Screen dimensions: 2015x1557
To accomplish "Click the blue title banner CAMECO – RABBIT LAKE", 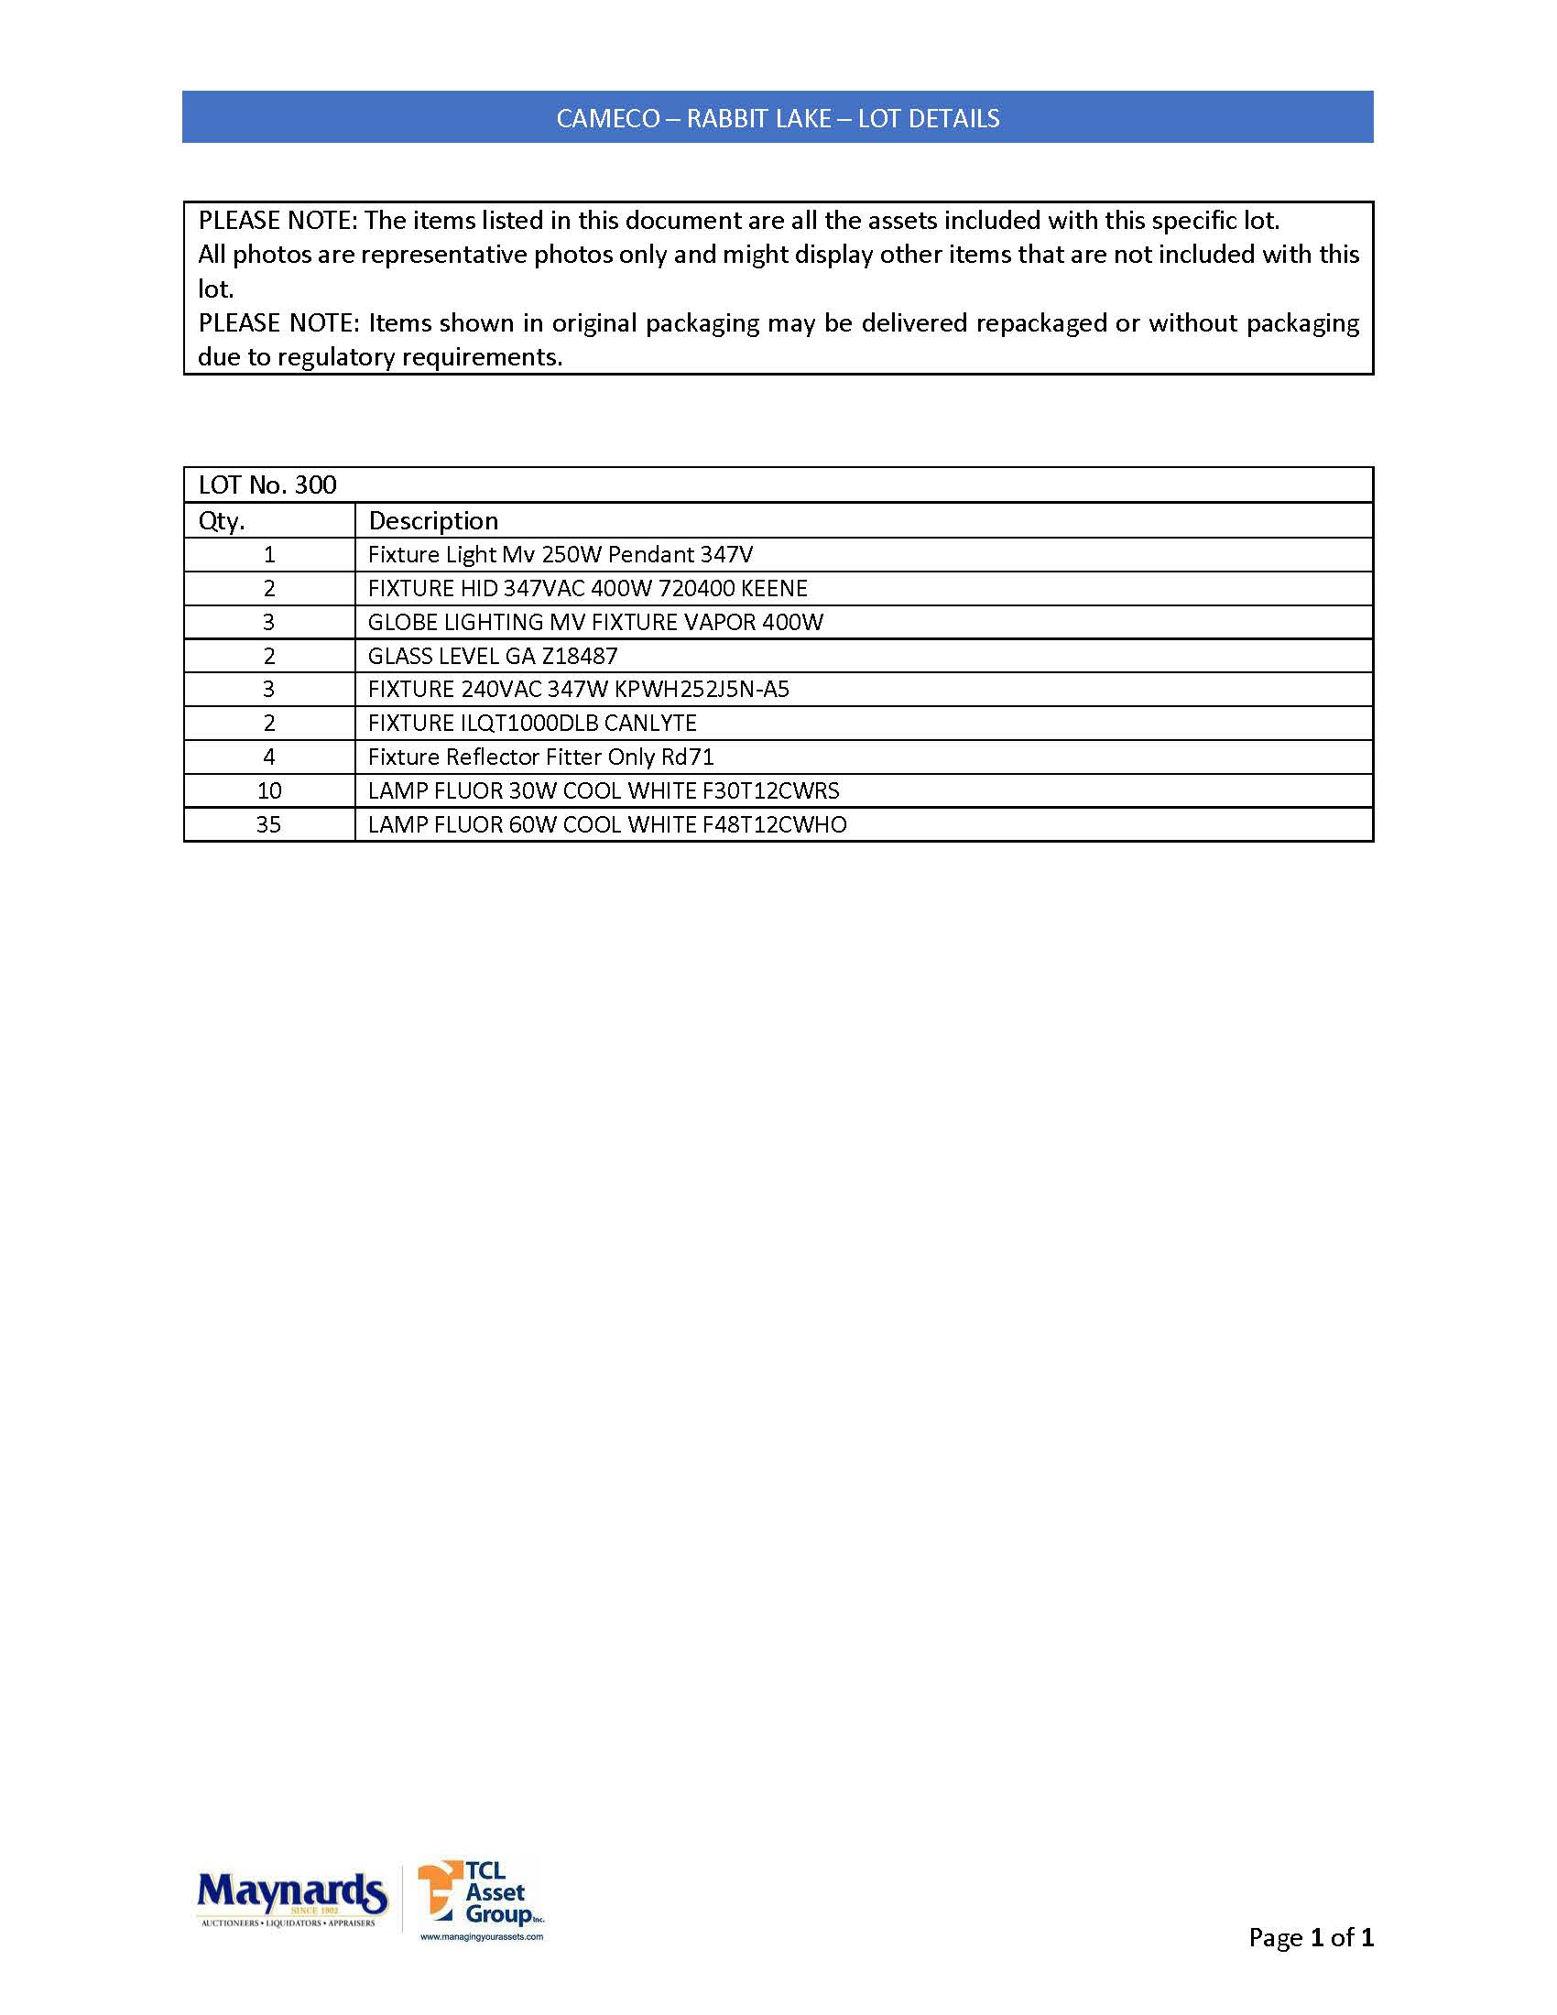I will tap(778, 118).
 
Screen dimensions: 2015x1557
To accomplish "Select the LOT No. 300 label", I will tap(267, 485).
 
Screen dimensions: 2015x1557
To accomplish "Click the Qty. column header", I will tap(223, 521).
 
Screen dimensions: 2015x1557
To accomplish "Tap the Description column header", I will tap(432, 521).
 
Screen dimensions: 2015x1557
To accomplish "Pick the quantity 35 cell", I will tap(268, 825).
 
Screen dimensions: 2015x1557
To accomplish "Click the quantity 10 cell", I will tap(269, 790).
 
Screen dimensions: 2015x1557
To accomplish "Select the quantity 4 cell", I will tap(269, 757).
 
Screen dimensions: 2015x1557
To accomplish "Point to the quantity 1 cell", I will tap(269, 554).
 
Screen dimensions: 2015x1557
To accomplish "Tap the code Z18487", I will tap(579, 656).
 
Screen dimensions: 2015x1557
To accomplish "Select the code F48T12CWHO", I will tap(774, 825).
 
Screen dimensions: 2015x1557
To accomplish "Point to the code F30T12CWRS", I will tap(770, 790).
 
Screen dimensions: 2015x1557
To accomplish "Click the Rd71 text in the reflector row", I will tap(688, 757).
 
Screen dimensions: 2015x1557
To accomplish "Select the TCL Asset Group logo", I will tap(480, 1900).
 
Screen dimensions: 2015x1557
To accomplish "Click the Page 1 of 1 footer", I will tap(1310, 1937).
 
